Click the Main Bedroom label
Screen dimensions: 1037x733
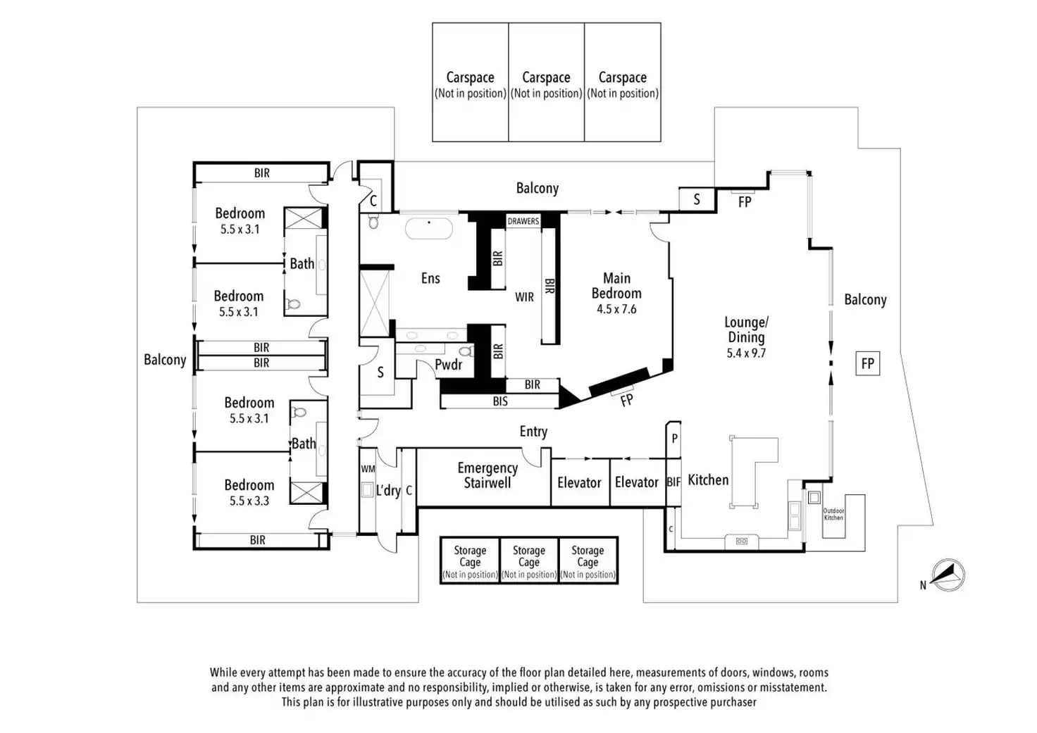click(616, 286)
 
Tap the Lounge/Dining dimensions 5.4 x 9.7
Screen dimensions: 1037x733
click(746, 353)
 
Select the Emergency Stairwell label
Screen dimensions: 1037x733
click(488, 475)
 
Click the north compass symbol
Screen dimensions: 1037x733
click(948, 575)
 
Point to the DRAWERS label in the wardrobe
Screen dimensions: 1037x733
click(523, 221)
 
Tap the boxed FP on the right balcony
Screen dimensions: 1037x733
click(867, 363)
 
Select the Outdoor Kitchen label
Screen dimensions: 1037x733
click(833, 514)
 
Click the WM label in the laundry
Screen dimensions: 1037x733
click(368, 469)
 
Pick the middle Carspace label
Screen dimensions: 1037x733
click(546, 77)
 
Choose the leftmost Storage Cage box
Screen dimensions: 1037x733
click(470, 560)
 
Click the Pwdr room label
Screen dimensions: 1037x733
click(448, 364)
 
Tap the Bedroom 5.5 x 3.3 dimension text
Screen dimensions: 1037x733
click(249, 501)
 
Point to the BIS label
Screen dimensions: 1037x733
click(500, 401)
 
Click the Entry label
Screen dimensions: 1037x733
click(533, 432)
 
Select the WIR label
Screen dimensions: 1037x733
click(524, 297)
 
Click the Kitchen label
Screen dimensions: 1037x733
click(708, 480)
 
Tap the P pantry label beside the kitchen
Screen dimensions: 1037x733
click(674, 439)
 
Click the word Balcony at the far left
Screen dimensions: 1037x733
click(165, 360)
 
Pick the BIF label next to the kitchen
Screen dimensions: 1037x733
click(673, 482)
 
